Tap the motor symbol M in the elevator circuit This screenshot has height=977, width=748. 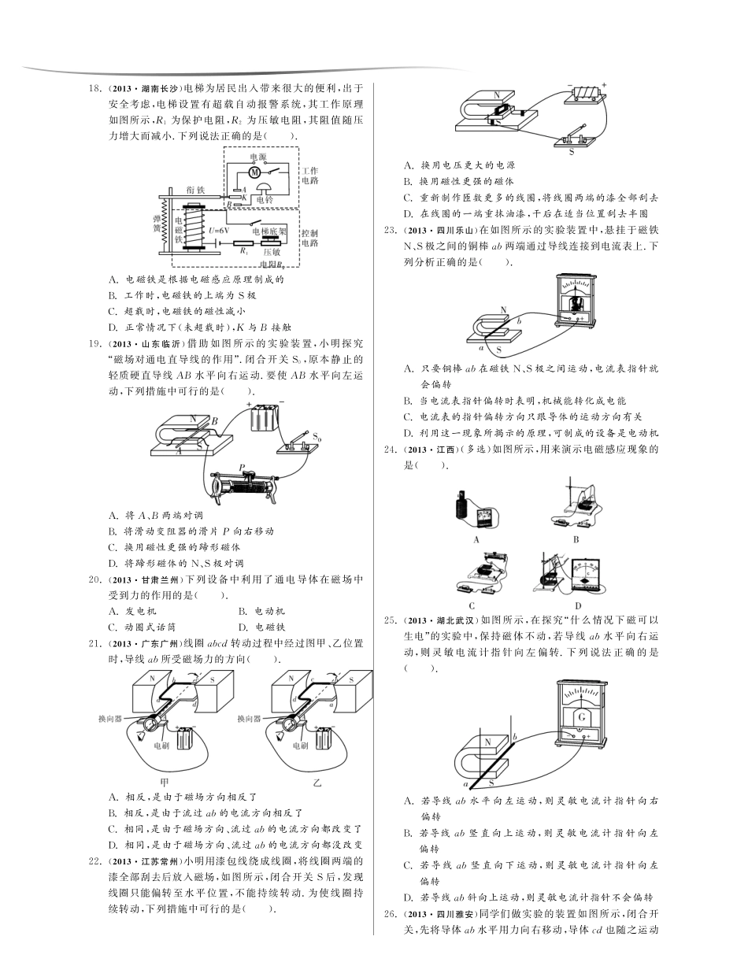[x=254, y=172]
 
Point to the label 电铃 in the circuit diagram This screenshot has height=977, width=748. [x=265, y=200]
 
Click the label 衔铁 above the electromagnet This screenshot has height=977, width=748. [x=196, y=190]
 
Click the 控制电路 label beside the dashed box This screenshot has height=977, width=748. [x=309, y=238]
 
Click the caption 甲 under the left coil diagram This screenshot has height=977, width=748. [x=164, y=782]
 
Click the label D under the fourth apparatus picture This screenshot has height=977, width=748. [x=578, y=605]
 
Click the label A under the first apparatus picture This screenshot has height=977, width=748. [x=477, y=540]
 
